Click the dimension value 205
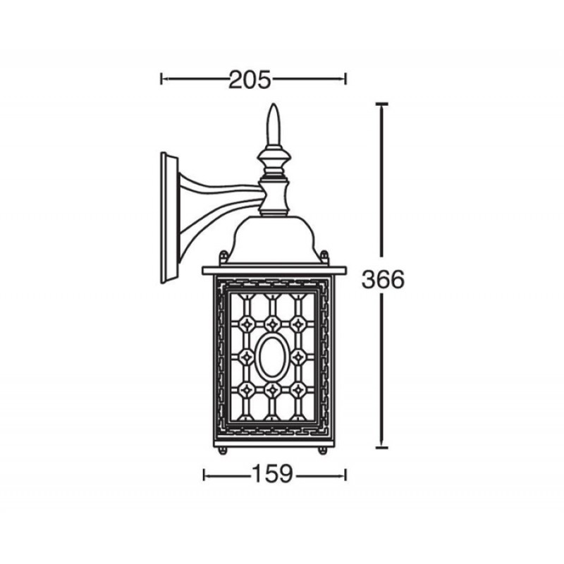pos(250,80)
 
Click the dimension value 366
pos(383,279)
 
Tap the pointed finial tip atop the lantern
pos(274,104)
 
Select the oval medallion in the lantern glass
pos(272,357)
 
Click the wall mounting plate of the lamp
pos(169,218)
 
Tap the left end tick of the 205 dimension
pos(161,79)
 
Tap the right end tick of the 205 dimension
pos(345,79)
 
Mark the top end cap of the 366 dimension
pos(381,104)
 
